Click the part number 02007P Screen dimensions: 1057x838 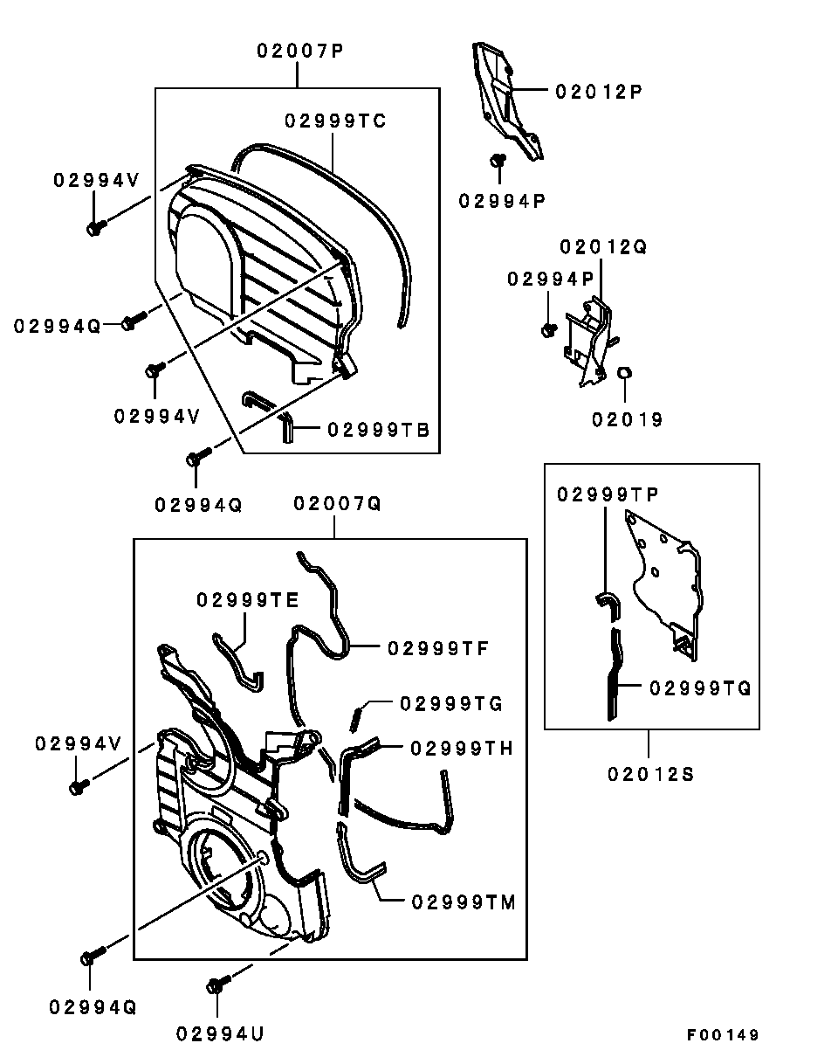point(299,51)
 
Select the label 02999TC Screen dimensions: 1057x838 point(335,121)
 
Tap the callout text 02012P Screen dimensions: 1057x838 point(599,91)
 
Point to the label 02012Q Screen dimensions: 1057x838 point(603,247)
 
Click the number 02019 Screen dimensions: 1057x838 point(628,420)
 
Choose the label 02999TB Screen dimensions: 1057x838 point(379,430)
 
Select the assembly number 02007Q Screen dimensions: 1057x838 point(337,504)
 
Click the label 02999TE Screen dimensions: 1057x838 point(247,600)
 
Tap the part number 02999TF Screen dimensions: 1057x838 point(437,648)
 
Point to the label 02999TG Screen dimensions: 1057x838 point(450,702)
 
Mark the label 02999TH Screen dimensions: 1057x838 point(462,749)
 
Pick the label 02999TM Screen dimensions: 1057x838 point(464,902)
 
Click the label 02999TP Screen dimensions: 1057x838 point(608,494)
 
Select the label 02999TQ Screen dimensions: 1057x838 point(700,688)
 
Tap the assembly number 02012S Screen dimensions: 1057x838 point(651,773)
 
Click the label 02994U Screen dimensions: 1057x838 point(220,1034)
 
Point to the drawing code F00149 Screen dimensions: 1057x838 point(723,1035)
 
